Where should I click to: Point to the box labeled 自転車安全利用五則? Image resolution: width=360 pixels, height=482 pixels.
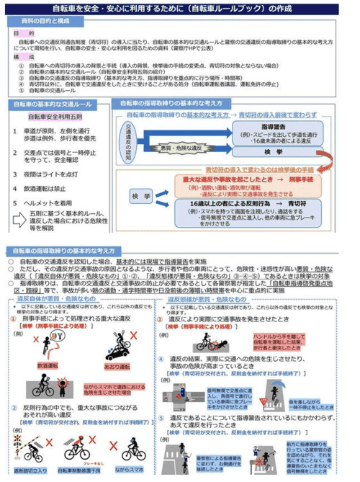56,117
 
